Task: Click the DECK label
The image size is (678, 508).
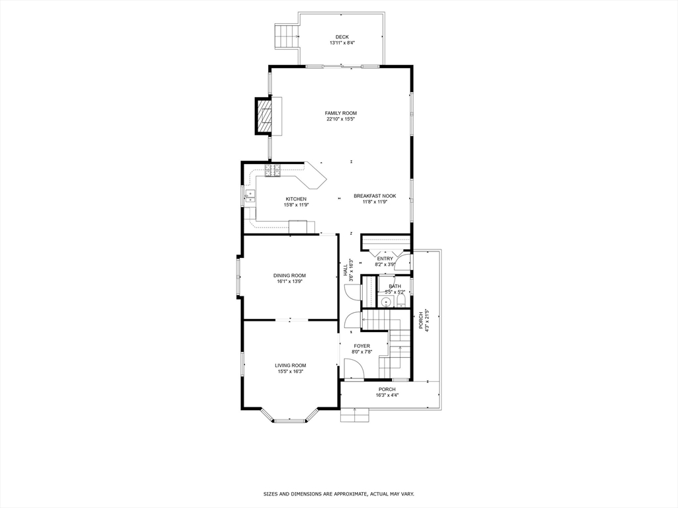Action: pyautogui.click(x=342, y=37)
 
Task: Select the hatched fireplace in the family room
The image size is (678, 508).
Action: pyautogui.click(x=265, y=116)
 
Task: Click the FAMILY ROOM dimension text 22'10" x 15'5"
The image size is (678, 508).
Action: pyautogui.click(x=341, y=120)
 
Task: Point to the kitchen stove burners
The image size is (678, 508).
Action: pyautogui.click(x=273, y=171)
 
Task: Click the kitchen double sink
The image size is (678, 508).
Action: pyautogui.click(x=250, y=196)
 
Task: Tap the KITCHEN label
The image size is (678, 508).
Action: pyautogui.click(x=296, y=199)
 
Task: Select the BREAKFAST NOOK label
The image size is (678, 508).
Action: pyautogui.click(x=375, y=196)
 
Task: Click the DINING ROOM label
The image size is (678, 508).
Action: pyautogui.click(x=290, y=275)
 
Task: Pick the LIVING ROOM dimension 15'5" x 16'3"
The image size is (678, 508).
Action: pyautogui.click(x=290, y=372)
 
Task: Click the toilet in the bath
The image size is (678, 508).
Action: pyautogui.click(x=401, y=302)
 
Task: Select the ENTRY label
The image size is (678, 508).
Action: pyautogui.click(x=385, y=259)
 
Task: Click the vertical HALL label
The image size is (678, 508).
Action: pyautogui.click(x=345, y=270)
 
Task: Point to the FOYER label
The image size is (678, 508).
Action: pyautogui.click(x=362, y=346)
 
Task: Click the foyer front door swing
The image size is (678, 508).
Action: pyautogui.click(x=352, y=369)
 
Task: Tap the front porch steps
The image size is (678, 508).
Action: pyautogui.click(x=354, y=415)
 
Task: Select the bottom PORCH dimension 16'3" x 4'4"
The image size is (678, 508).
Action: pyautogui.click(x=387, y=396)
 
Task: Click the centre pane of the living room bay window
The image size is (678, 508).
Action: pyautogui.click(x=291, y=420)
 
